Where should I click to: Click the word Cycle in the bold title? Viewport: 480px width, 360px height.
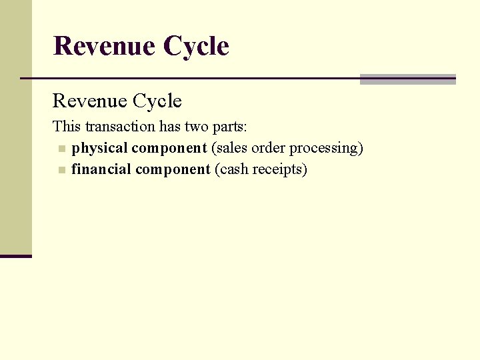coord(196,46)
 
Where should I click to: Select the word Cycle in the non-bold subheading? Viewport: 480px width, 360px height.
coord(157,101)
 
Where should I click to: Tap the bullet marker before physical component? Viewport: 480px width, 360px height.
coord(62,149)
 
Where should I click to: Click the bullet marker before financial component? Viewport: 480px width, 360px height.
coord(62,170)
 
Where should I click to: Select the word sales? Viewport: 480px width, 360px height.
coord(231,148)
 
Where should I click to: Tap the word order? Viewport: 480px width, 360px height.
coord(268,148)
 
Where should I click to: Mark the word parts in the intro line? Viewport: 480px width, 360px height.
coord(231,127)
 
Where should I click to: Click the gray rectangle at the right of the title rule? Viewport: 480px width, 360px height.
coord(407,79)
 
